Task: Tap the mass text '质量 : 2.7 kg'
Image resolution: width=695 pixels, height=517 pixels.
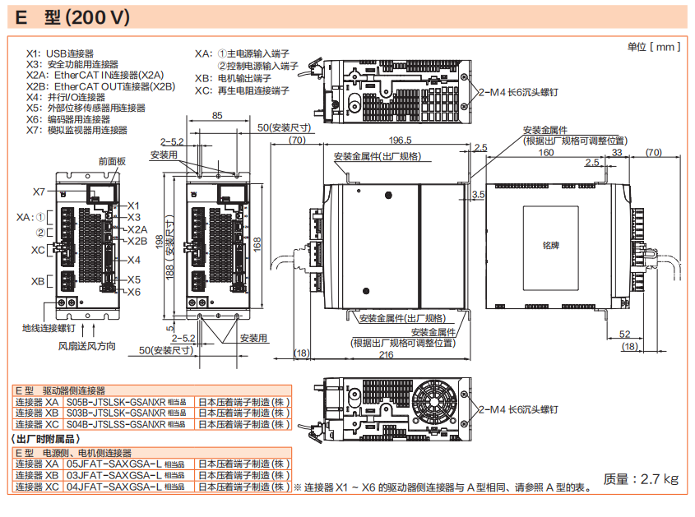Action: click(641, 479)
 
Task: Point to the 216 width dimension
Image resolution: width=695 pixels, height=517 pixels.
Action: click(386, 355)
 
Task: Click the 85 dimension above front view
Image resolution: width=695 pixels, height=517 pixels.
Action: click(216, 116)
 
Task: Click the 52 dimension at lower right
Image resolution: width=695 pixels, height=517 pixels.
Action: click(624, 334)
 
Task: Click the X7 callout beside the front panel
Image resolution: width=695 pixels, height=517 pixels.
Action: click(39, 192)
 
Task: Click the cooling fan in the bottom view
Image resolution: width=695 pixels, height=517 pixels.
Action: click(438, 404)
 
